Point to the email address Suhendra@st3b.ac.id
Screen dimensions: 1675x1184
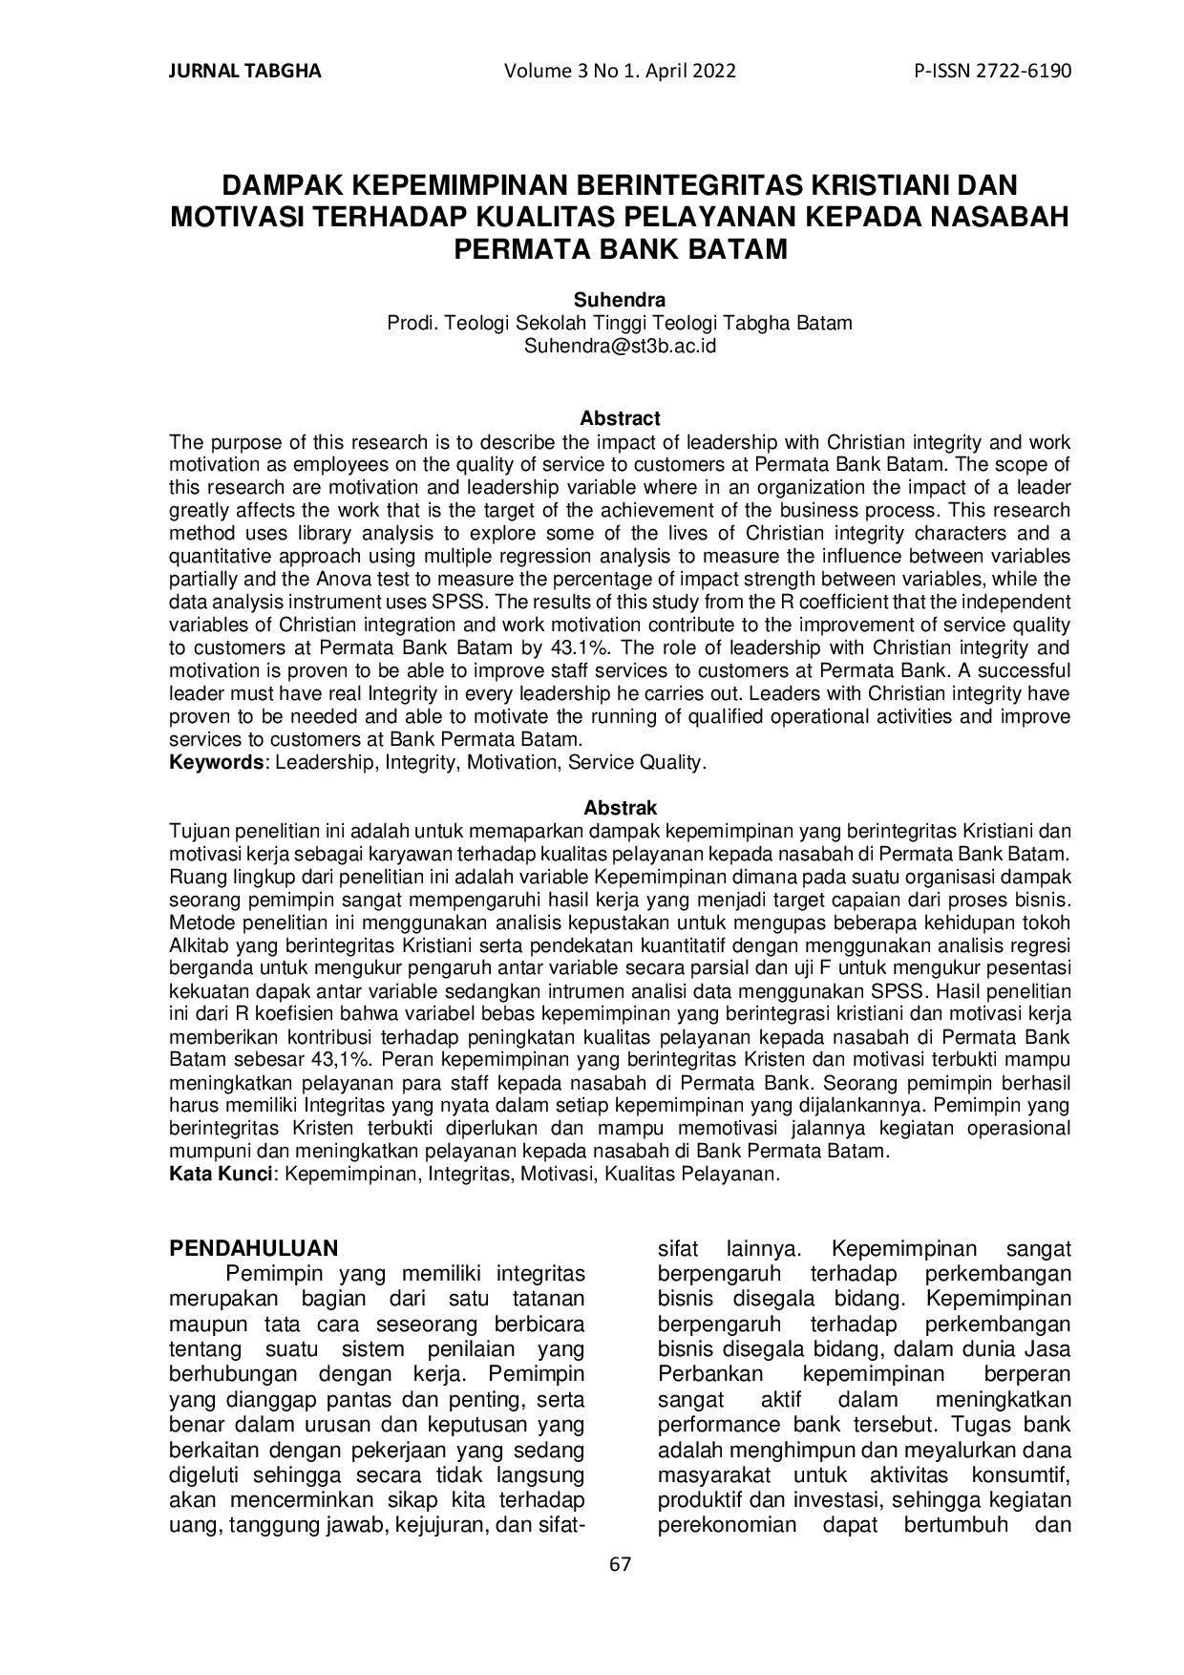pos(620,347)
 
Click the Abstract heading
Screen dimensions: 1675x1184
pos(620,418)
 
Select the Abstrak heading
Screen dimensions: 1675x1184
pos(620,808)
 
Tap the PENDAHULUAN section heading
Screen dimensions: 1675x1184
pos(253,1248)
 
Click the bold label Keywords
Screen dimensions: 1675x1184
pos(217,762)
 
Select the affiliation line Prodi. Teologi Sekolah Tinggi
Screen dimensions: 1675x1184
pos(619,324)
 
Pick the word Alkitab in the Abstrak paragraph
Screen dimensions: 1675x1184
pos(199,945)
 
